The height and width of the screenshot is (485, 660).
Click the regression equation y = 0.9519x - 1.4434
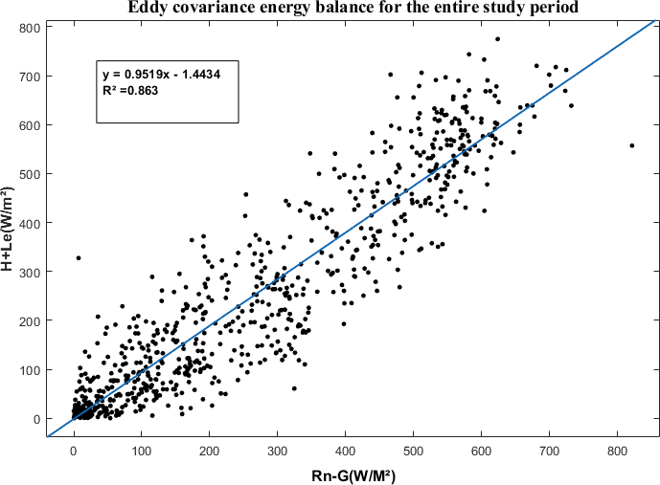(x=162, y=73)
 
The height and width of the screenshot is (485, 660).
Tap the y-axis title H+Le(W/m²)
(x=9, y=231)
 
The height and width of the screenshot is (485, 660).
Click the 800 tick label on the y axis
(x=29, y=27)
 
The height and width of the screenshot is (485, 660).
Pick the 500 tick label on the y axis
(x=29, y=174)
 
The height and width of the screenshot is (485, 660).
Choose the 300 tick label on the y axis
(x=29, y=272)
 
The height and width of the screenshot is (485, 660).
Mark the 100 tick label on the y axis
(x=29, y=370)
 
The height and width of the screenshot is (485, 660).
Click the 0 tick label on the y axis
(x=35, y=419)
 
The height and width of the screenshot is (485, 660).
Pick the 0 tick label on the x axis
(x=74, y=450)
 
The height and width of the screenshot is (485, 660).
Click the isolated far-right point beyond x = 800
(x=631, y=145)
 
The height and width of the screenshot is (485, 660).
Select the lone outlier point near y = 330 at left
(x=79, y=257)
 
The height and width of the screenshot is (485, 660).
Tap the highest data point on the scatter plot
(x=497, y=39)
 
